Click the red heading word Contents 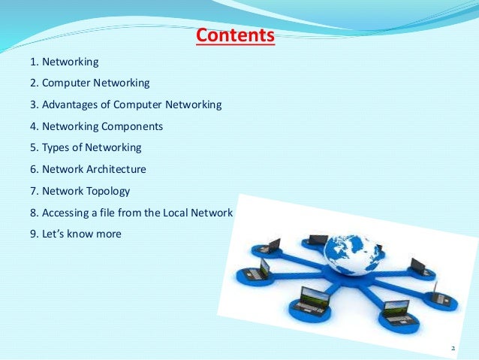235,35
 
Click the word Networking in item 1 71,61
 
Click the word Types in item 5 56,148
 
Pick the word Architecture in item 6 116,170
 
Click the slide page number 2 453,349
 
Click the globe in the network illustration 351,255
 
